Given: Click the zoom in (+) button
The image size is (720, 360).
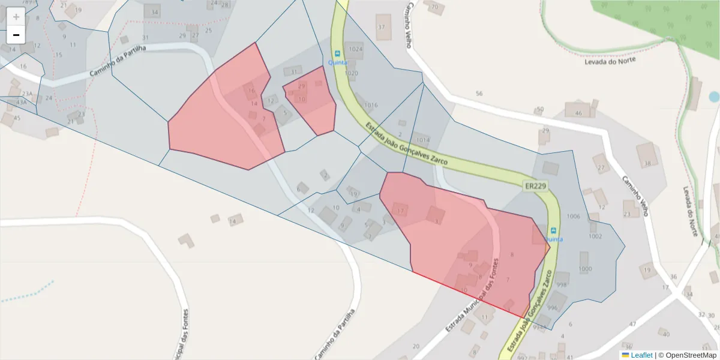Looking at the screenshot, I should [x=16, y=17].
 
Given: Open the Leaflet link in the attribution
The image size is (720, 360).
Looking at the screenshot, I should [x=641, y=355].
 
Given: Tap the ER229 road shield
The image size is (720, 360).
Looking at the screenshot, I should [x=535, y=187].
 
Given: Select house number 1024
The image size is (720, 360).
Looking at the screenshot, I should [x=356, y=49].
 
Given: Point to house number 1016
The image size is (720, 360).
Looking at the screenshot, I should [x=371, y=105].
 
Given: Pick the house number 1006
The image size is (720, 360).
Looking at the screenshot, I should [x=574, y=216].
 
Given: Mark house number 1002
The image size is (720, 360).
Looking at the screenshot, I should [x=595, y=236].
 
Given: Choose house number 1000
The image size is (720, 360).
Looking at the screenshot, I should [x=584, y=269].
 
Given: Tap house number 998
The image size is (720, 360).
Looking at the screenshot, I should [x=562, y=285].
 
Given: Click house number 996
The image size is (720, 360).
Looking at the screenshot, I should [x=552, y=308].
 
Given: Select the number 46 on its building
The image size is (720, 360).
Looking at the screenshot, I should [x=578, y=113].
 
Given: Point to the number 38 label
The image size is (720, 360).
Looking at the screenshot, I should [x=647, y=163].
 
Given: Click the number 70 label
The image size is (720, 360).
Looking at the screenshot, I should [x=435, y=8].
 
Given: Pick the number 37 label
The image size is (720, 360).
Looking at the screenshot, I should [x=380, y=28].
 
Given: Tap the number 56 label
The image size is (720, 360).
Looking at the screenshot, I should [x=479, y=94].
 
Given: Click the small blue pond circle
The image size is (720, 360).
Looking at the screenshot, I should [x=713, y=97].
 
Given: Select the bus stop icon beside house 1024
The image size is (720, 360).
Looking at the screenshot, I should [x=337, y=53].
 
